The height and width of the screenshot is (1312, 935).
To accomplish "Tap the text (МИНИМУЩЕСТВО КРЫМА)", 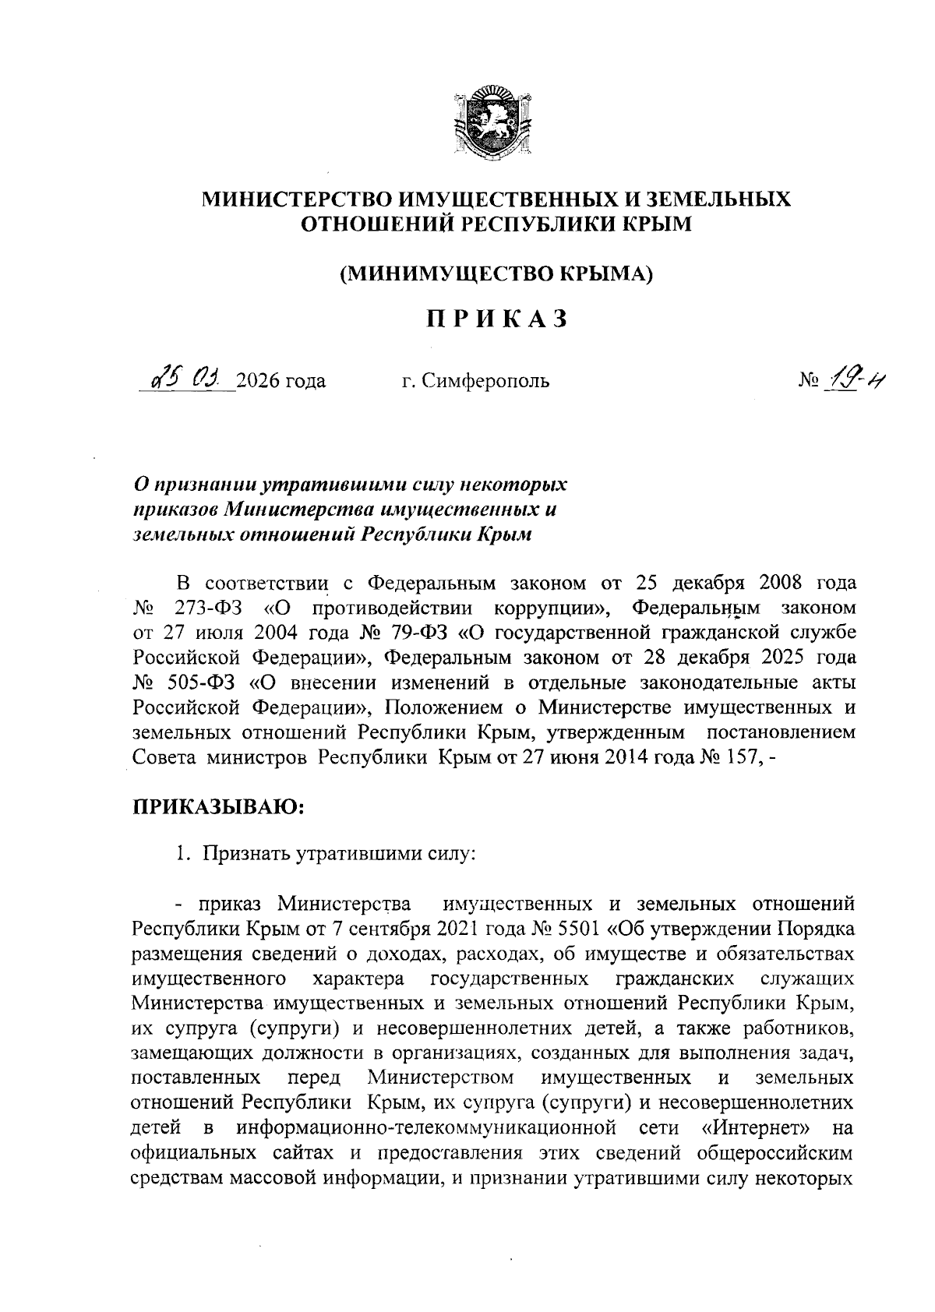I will click(496, 273).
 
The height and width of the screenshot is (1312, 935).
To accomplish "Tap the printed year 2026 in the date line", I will click(259, 381).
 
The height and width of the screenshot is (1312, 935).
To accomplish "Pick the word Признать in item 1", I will click(245, 854).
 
